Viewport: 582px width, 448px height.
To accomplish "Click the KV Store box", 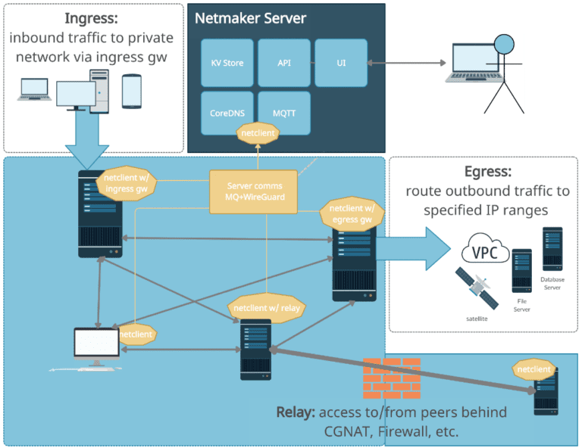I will click(x=227, y=63).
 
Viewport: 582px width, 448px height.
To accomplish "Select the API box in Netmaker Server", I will click(x=284, y=63).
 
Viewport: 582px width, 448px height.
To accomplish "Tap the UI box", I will click(x=341, y=63).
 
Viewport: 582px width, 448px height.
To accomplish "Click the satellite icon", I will click(x=477, y=288).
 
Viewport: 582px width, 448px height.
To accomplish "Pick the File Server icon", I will click(x=521, y=271).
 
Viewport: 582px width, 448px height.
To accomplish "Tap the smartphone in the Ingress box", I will click(x=132, y=91).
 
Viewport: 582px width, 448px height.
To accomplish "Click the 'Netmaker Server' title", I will click(x=250, y=17).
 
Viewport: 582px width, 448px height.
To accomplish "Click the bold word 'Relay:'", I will click(x=296, y=412).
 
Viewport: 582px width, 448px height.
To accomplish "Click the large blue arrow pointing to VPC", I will click(x=413, y=247).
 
